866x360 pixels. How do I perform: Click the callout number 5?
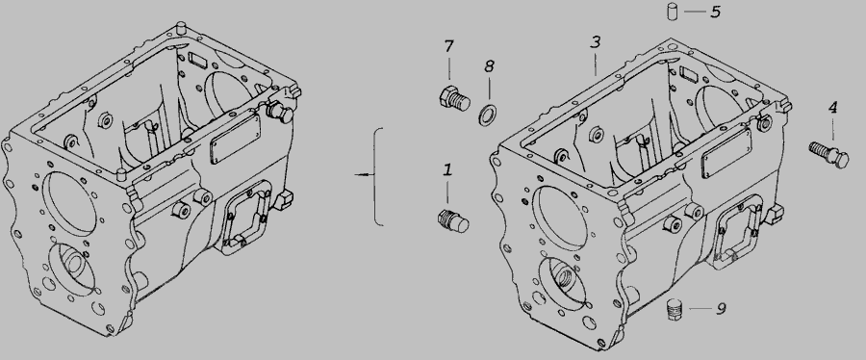[x=716, y=12]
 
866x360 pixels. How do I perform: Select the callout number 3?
[x=595, y=42]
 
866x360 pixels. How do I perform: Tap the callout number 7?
[x=448, y=46]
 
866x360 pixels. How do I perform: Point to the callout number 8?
[x=489, y=66]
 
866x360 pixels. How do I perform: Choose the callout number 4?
[x=833, y=108]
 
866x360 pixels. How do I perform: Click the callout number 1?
[x=447, y=170]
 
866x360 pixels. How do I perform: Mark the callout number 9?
[x=721, y=309]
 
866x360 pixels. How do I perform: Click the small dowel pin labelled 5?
[x=673, y=12]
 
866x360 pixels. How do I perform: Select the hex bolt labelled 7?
[x=454, y=99]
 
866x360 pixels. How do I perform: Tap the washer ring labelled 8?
[x=487, y=116]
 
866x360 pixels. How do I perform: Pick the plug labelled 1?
[x=453, y=221]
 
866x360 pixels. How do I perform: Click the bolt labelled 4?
[x=829, y=155]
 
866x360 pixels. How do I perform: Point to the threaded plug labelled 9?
[x=675, y=309]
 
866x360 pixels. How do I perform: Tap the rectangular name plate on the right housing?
[x=726, y=153]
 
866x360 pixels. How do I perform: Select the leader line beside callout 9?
[x=700, y=308]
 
